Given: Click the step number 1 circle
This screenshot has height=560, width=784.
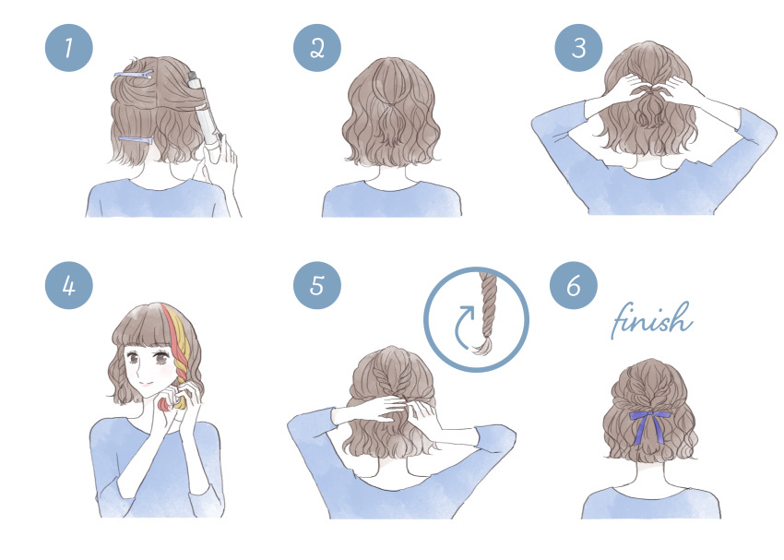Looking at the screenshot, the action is (x=69, y=48).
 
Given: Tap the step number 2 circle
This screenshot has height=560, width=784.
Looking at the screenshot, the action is (x=317, y=48).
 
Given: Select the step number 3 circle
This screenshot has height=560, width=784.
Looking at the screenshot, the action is (x=578, y=48).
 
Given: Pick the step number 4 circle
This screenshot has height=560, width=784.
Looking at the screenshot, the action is (x=69, y=285).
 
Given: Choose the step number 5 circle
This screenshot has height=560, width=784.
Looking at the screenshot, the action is (x=317, y=285).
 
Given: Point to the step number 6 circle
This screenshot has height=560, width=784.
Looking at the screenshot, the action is (x=574, y=285).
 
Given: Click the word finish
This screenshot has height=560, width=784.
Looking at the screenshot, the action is (x=652, y=320).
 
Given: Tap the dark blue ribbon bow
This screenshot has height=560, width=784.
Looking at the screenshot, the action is (x=650, y=425).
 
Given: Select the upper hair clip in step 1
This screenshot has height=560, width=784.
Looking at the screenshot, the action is (x=133, y=75).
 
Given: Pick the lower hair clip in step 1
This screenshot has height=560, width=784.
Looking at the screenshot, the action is (x=135, y=141).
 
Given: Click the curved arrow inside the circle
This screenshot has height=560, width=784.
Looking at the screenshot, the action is (x=462, y=328).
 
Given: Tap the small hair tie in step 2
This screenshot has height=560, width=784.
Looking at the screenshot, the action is (x=387, y=105).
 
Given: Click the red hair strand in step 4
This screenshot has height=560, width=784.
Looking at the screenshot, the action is (x=172, y=350).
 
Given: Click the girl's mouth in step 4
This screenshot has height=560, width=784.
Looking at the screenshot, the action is (x=146, y=385).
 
